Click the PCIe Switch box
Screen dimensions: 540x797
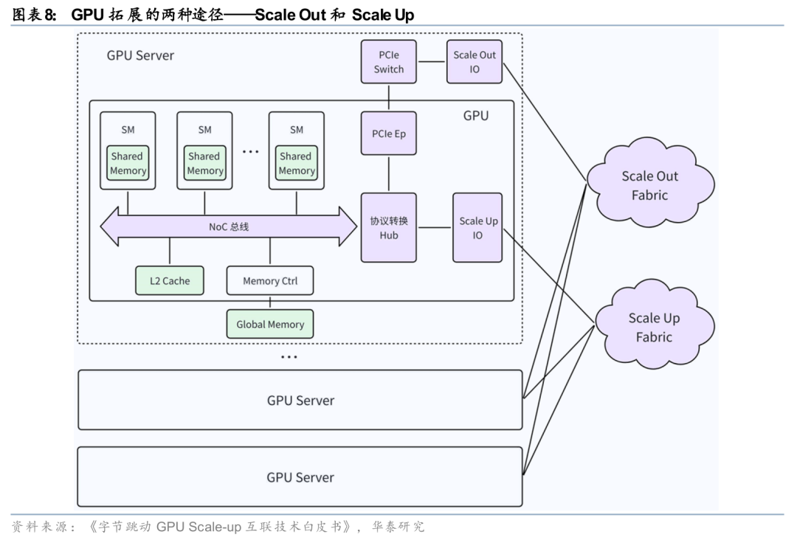point(389,62)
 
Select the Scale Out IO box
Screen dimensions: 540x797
point(475,62)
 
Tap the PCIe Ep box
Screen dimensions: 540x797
point(389,134)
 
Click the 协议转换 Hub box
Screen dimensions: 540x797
point(389,228)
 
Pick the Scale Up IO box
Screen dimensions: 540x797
point(478,228)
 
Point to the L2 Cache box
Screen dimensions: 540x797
point(170,281)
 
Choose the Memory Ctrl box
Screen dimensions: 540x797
point(270,281)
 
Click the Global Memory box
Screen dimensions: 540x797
point(270,325)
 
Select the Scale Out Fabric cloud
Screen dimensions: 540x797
point(649,185)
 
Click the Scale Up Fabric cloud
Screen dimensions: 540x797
point(654,328)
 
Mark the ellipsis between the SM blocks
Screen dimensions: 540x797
point(251,152)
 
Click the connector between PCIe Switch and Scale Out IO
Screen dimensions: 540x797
point(432,62)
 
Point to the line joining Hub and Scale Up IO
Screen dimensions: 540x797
point(435,228)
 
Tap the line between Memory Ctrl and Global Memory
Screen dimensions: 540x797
point(270,302)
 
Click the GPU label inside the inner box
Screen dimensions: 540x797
point(476,116)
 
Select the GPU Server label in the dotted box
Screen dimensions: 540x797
point(140,56)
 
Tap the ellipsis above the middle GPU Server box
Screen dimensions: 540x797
point(289,357)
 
